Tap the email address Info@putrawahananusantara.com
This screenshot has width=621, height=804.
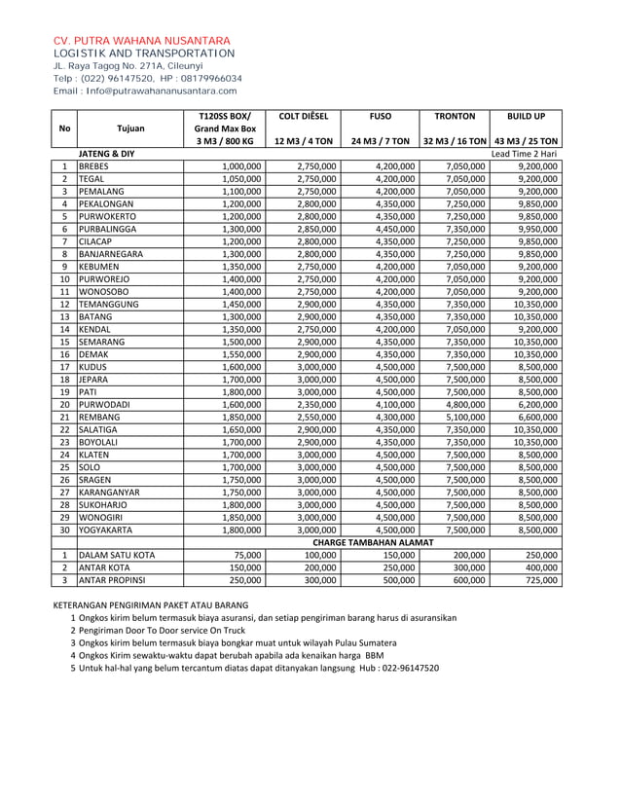[x=162, y=91]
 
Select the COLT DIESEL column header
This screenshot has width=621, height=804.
[x=303, y=115]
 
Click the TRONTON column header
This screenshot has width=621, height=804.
[x=455, y=115]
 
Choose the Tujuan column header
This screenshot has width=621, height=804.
[x=129, y=128]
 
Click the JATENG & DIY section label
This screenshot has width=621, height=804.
[x=106, y=154]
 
